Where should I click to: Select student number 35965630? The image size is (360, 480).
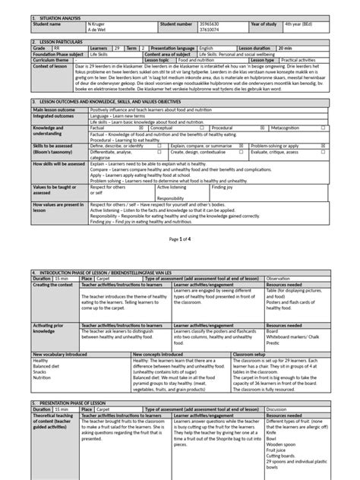click(x=210, y=24)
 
